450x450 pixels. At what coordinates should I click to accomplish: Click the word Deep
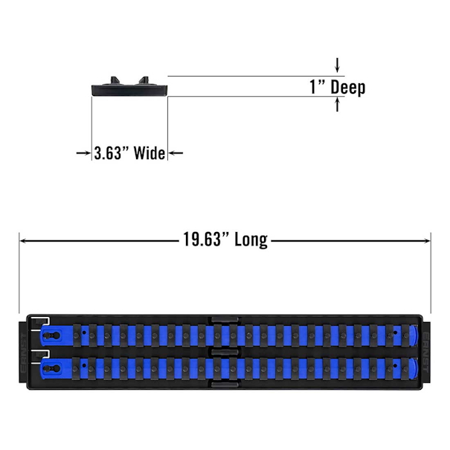click(x=348, y=87)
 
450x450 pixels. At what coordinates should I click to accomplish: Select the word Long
click(x=251, y=240)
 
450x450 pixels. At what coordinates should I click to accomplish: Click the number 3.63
click(x=106, y=153)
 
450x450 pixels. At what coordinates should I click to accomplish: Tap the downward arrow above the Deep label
click(x=338, y=65)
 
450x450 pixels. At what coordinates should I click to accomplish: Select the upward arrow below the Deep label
click(x=338, y=104)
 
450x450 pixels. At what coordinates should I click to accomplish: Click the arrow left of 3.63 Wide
click(x=83, y=153)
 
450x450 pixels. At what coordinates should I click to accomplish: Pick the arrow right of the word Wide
click(x=176, y=153)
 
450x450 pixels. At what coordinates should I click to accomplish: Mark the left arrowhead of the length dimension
click(x=23, y=240)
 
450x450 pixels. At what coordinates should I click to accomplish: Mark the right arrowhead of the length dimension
click(x=427, y=240)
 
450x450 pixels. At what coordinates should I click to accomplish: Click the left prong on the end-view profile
click(x=115, y=80)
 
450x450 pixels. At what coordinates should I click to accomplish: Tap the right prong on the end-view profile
click(x=144, y=80)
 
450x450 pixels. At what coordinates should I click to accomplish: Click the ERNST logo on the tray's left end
click(x=24, y=353)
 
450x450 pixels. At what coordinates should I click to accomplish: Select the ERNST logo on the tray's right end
click(x=426, y=353)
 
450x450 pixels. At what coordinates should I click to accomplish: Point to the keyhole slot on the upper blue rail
click(x=52, y=335)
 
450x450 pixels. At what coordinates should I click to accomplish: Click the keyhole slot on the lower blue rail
click(x=52, y=368)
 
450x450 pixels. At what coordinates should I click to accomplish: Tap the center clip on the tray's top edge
click(x=225, y=320)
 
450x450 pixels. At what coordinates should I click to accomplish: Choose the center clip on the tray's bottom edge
click(x=225, y=384)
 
